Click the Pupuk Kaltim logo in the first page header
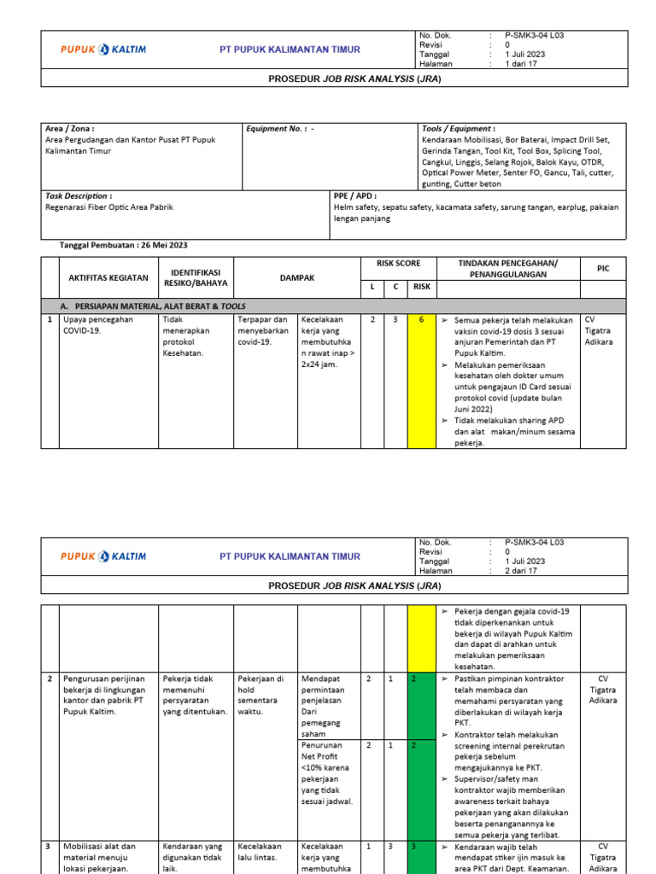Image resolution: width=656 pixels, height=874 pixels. tap(103, 50)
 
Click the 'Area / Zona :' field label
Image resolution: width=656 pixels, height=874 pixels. tap(69, 128)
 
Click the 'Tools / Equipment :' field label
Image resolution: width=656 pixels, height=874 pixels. tap(458, 128)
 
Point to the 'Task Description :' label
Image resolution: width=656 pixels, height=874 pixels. tap(78, 195)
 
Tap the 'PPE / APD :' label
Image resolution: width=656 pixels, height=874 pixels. tap(354, 195)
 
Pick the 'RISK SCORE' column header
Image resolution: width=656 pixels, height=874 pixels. tap(398, 264)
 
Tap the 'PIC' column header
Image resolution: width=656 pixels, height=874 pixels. tap(603, 268)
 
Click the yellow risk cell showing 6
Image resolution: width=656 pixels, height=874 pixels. tap(421, 319)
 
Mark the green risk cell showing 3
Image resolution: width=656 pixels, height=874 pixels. tap(421, 847)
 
